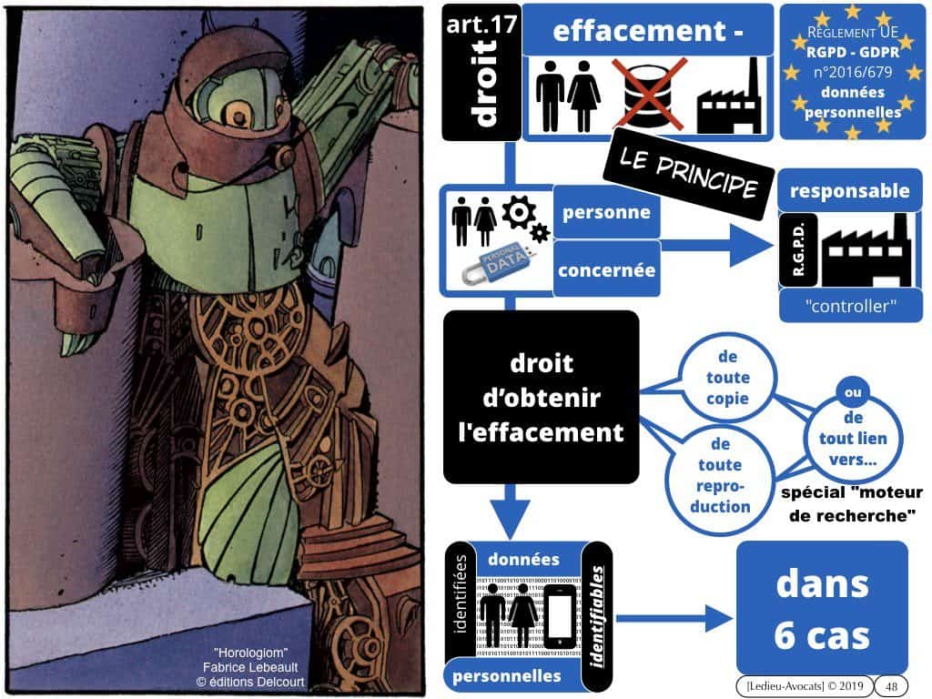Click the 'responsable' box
pos(849,191)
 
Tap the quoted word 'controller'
pos(850,308)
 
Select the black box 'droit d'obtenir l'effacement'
pos(541,397)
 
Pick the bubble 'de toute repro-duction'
pos(719,473)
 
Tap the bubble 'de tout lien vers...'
pos(852,439)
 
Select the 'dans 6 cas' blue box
pos(821,611)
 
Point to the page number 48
pos(891,684)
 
